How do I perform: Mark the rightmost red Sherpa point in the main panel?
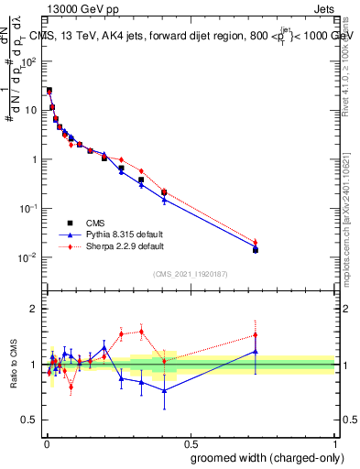tap(256, 243)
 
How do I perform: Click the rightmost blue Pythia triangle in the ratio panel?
tap(256, 351)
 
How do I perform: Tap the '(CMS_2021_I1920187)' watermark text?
tap(191, 275)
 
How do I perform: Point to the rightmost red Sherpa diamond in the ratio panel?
tap(256, 335)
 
